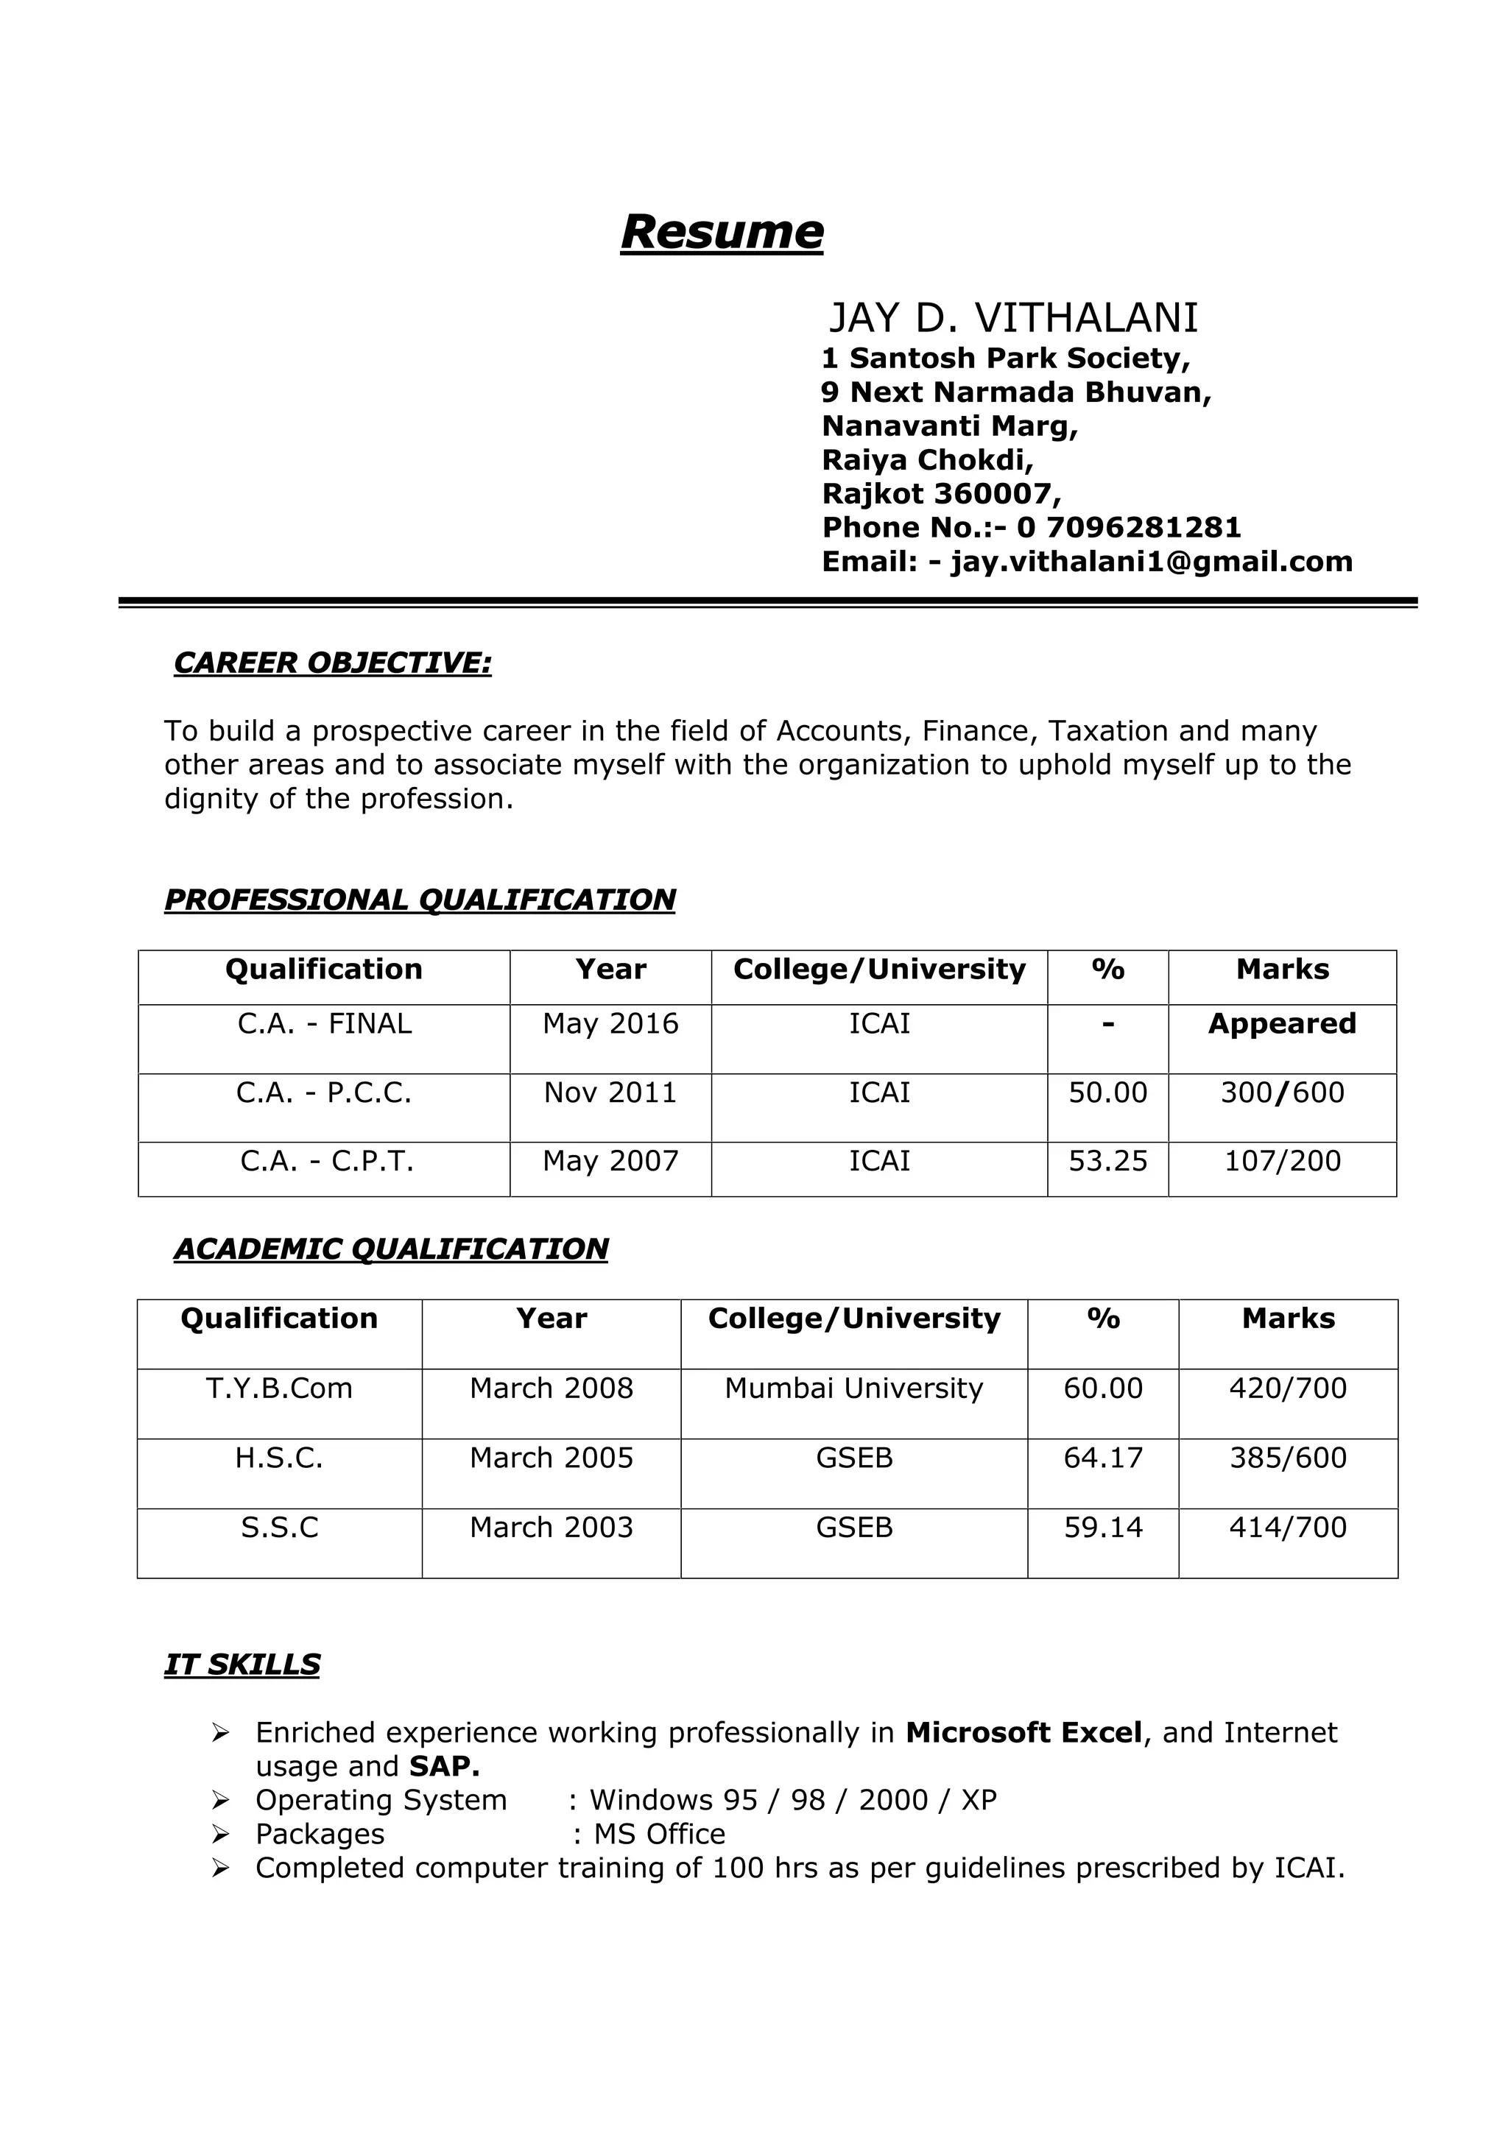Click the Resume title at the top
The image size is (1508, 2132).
722,231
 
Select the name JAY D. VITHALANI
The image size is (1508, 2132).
1012,319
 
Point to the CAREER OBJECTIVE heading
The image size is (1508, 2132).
332,663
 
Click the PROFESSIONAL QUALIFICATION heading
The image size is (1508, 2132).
420,900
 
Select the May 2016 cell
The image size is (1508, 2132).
610,1023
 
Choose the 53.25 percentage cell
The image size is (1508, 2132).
1107,1161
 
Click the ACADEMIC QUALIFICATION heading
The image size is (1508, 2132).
391,1249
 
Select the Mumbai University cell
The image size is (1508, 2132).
853,1388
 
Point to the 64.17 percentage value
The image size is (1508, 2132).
1102,1458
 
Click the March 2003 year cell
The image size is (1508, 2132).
551,1528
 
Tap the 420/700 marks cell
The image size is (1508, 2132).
1287,1388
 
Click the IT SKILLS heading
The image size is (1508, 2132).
242,1665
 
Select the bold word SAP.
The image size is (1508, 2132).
444,1766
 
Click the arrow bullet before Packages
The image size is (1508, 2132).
220,1834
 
